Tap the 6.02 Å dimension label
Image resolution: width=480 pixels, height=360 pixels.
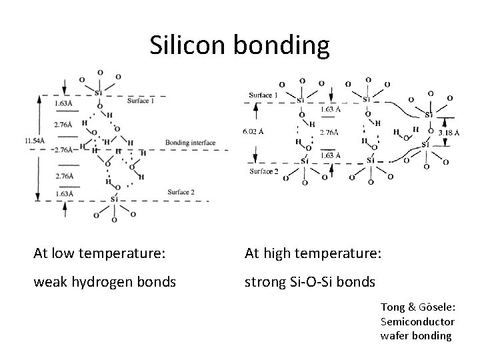click(254, 131)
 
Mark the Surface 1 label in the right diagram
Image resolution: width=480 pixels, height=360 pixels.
click(264, 95)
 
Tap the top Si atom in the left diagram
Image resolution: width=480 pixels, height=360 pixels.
click(99, 93)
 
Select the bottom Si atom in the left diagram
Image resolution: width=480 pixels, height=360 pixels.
click(114, 198)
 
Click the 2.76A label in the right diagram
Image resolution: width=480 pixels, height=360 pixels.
click(329, 132)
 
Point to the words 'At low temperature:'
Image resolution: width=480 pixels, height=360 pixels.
click(101, 253)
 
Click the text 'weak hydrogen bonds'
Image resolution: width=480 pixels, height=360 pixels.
click(105, 281)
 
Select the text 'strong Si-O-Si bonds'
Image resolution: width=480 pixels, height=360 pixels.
click(309, 281)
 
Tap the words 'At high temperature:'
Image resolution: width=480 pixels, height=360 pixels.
click(313, 253)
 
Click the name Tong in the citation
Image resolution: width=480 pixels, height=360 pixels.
click(393, 307)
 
